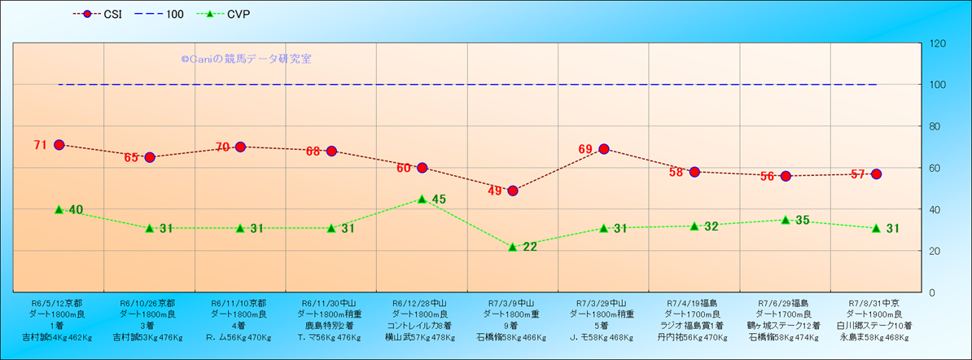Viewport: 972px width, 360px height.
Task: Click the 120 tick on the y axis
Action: pyautogui.click(x=937, y=43)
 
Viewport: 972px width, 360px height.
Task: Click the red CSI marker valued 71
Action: pyautogui.click(x=59, y=145)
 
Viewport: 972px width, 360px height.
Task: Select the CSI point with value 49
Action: pyautogui.click(x=513, y=191)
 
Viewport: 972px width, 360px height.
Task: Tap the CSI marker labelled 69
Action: pyautogui.click(x=604, y=149)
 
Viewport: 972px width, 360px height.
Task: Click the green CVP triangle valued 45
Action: pyautogui.click(x=422, y=199)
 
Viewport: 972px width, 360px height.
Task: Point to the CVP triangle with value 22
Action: pyautogui.click(x=513, y=247)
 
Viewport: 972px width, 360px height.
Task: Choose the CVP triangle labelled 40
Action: pyautogui.click(x=59, y=209)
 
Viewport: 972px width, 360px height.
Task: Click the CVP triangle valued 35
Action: pyautogui.click(x=786, y=220)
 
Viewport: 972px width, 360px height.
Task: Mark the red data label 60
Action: pyautogui.click(x=404, y=169)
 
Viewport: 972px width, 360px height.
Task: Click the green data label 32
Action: pyautogui.click(x=711, y=226)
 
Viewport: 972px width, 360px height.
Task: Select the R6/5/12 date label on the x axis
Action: pyautogui.click(x=56, y=302)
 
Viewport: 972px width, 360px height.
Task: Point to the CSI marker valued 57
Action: pyautogui.click(x=877, y=174)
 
